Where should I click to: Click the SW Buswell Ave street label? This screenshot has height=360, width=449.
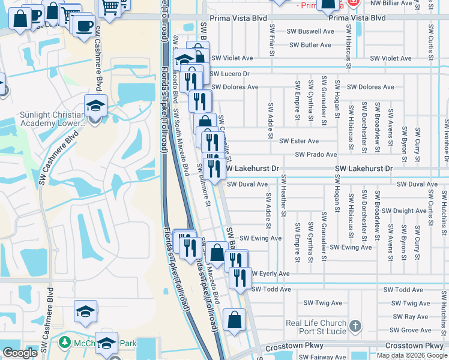coord(310,31)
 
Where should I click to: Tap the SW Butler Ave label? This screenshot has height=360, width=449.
coord(309,45)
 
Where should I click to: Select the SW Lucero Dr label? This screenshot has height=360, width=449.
coord(230,73)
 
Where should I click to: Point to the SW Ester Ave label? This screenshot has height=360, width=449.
coord(299,141)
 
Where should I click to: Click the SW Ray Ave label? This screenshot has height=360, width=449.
coord(411,317)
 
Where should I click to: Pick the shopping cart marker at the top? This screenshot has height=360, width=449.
coord(110,8)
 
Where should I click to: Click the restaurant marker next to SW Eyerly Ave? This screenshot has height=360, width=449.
coord(240,277)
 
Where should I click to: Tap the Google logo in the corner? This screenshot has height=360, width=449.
coord(20,353)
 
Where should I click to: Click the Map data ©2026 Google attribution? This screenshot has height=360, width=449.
coord(411,355)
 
